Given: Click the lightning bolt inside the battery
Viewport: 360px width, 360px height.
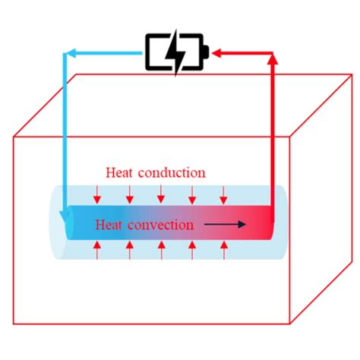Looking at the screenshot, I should [x=176, y=52].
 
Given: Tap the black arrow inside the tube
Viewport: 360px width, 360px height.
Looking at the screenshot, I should [x=229, y=224].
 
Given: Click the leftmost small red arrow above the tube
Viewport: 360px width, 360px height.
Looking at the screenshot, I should [x=98, y=194].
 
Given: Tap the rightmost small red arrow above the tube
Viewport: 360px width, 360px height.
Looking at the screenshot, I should [x=223, y=194].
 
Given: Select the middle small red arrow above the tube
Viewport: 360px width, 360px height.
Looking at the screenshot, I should [x=160, y=194].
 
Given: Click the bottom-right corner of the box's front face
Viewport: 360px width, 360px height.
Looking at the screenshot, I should [x=292, y=325].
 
